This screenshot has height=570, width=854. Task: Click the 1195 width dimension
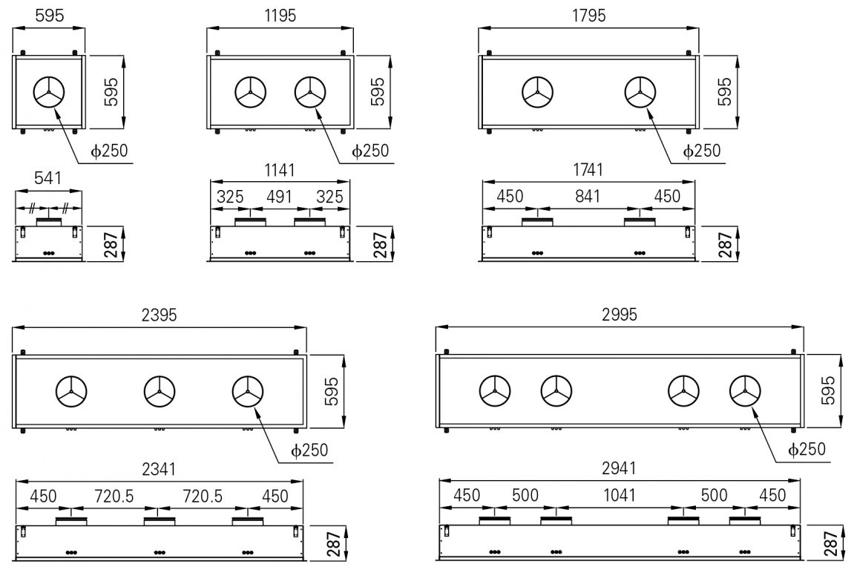pyautogui.click(x=280, y=16)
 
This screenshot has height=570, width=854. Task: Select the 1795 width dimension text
pyautogui.click(x=589, y=16)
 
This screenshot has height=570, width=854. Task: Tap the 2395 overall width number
pyautogui.click(x=159, y=315)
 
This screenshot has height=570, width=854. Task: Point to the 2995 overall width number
pyautogui.click(x=619, y=315)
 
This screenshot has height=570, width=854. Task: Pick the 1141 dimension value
pyautogui.click(x=280, y=170)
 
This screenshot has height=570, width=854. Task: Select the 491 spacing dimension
pyautogui.click(x=280, y=197)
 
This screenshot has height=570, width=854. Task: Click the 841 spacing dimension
pyautogui.click(x=588, y=197)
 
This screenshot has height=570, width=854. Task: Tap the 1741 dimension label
pyautogui.click(x=588, y=170)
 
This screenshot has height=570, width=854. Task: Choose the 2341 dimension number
pyautogui.click(x=159, y=469)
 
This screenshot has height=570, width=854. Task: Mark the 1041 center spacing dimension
pyautogui.click(x=619, y=496)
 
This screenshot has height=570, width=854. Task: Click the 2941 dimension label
pyautogui.click(x=619, y=469)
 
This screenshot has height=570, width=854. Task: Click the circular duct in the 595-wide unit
pyautogui.click(x=49, y=93)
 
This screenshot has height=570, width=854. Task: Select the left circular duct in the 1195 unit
pyautogui.click(x=250, y=93)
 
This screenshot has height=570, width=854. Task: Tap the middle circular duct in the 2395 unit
pyautogui.click(x=159, y=391)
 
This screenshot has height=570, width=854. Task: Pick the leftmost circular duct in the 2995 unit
pyautogui.click(x=494, y=391)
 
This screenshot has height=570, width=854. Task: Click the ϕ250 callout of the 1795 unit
pyautogui.click(x=701, y=151)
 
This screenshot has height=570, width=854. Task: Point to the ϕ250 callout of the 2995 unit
pyautogui.click(x=806, y=450)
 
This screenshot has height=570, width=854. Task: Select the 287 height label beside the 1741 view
pyautogui.click(x=725, y=244)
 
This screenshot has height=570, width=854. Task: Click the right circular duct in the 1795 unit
pyautogui.click(x=640, y=93)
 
